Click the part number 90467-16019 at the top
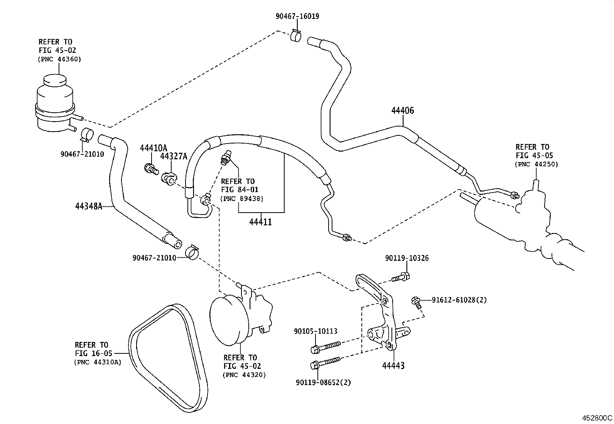click(x=297, y=16)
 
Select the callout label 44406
click(x=403, y=111)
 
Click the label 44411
click(x=261, y=222)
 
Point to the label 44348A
click(x=89, y=206)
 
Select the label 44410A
click(x=153, y=148)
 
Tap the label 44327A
click(x=174, y=156)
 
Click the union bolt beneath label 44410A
click(x=151, y=169)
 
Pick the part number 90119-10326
click(x=407, y=258)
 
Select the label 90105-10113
click(x=315, y=331)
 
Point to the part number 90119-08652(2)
click(x=324, y=383)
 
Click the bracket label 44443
click(x=393, y=365)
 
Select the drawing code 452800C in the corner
click(x=597, y=418)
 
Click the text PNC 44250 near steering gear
click(x=536, y=164)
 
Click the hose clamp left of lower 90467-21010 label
click(x=192, y=252)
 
